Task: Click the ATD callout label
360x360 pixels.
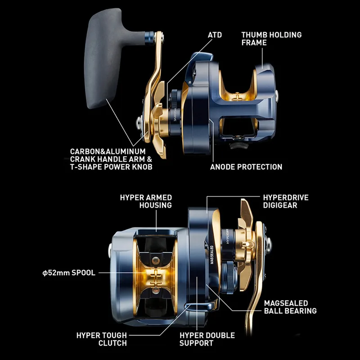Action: pos(215,35)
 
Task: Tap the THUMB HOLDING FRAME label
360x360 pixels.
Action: pos(271,39)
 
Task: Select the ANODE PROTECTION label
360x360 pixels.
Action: pos(246,167)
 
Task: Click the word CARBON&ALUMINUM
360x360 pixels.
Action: pos(108,152)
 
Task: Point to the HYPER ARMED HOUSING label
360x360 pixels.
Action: pos(146,201)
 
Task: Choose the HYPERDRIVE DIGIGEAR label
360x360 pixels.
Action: pos(286,201)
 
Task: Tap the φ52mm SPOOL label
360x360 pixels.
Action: pos(69,273)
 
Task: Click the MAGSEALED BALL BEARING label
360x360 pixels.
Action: pos(290,307)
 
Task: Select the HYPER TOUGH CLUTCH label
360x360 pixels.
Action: pos(102,339)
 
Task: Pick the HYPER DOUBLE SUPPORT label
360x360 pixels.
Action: pos(207,339)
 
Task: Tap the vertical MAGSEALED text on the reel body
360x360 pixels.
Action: pos(211,255)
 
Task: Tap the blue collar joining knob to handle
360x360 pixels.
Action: pos(149,38)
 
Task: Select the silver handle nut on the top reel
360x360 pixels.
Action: pos(139,122)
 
